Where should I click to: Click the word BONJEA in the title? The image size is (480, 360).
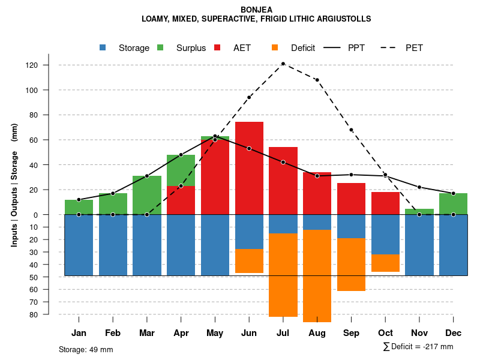[256, 10]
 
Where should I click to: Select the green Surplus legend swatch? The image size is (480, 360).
[160, 48]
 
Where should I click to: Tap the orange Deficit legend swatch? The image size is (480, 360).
[275, 48]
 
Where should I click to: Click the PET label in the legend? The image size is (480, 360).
[414, 48]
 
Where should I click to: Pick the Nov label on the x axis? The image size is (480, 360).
[419, 333]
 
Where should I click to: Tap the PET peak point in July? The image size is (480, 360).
[283, 64]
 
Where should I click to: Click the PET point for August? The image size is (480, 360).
[317, 80]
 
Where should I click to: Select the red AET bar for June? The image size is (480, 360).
[249, 168]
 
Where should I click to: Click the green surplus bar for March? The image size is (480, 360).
[147, 195]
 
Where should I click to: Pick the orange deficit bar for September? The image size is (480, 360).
[351, 265]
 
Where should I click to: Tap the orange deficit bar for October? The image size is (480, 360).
[385, 263]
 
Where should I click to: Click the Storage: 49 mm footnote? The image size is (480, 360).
[86, 349]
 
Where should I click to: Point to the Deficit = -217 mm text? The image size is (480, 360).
[421, 347]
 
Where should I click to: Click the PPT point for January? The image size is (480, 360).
[79, 199]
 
